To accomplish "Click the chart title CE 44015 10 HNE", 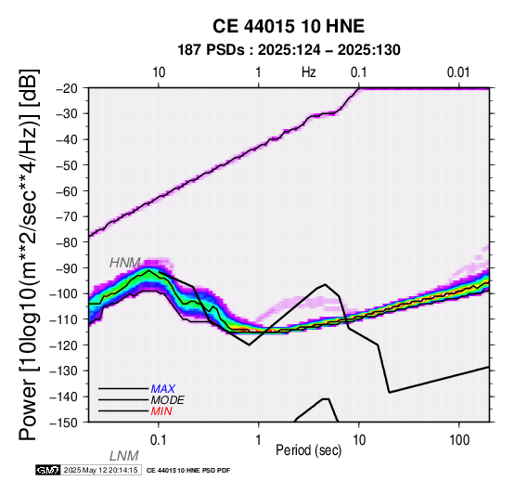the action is click(x=289, y=26).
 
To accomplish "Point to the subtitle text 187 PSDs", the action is click(x=211, y=50).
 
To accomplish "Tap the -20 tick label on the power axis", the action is click(x=67, y=88).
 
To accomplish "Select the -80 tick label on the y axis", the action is click(x=67, y=242).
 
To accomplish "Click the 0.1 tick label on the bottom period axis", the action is click(x=159, y=440).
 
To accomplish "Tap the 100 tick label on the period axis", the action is click(x=459, y=440).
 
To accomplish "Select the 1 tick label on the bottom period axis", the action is click(x=259, y=440).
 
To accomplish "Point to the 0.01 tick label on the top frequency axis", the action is click(x=458, y=72).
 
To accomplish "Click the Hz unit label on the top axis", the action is click(x=309, y=72).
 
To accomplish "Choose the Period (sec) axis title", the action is click(x=309, y=450).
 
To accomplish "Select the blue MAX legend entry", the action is click(x=163, y=389).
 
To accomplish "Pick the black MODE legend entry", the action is click(x=168, y=400).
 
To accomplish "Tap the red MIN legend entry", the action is click(x=161, y=411).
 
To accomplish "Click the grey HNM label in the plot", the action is click(x=125, y=263).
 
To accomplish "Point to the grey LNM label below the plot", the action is click(x=124, y=456).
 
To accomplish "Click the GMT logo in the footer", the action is click(x=48, y=470).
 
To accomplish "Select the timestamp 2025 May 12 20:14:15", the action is click(x=100, y=470).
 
